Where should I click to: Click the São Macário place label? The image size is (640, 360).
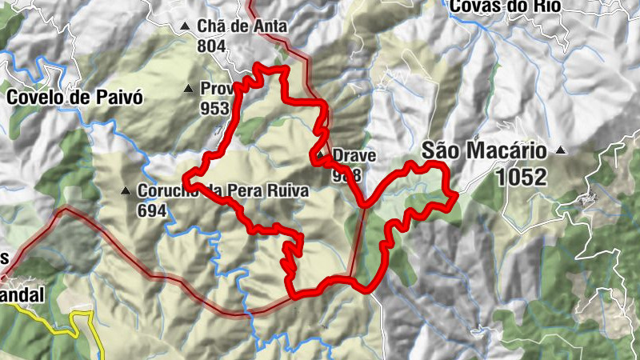click(x=484, y=150)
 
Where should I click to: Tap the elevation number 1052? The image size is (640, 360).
click(x=521, y=176)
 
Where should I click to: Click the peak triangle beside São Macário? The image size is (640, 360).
click(x=562, y=150)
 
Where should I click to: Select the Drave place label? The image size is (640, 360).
click(x=354, y=155)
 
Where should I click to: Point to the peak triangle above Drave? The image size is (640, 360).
click(x=321, y=155)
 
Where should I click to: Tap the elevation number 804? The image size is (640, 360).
click(x=211, y=46)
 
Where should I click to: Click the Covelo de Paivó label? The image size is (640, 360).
click(x=74, y=98)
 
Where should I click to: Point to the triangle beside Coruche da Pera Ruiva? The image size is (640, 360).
click(x=126, y=192)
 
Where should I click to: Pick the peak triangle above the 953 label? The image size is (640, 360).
click(x=189, y=89)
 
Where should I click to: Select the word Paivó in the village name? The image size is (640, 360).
click(x=120, y=98)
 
